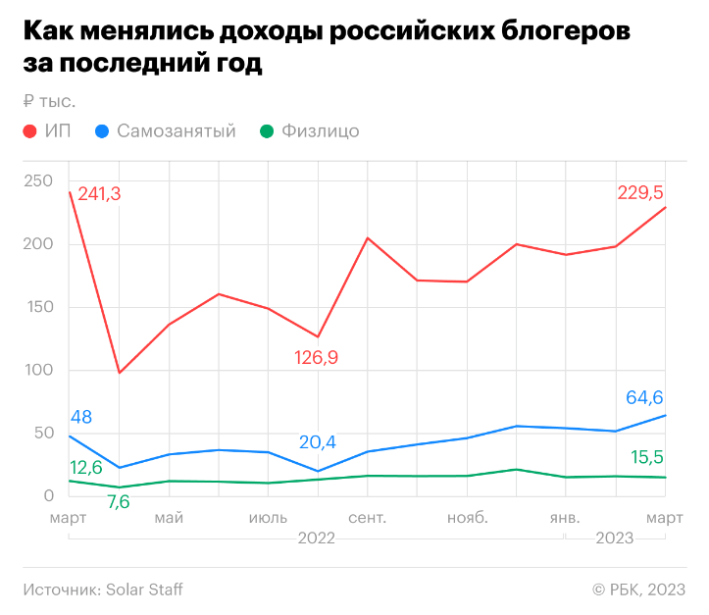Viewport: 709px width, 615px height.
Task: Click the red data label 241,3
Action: point(99,194)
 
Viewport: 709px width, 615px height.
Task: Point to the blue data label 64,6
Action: point(645,398)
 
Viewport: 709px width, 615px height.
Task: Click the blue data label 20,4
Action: point(317,442)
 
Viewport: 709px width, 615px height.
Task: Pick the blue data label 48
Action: point(81,417)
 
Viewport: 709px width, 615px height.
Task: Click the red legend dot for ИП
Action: point(30,130)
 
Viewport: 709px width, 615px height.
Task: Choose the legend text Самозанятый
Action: point(176,130)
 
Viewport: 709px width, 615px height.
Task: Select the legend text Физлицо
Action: point(320,130)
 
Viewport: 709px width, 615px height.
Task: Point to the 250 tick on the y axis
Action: point(39,181)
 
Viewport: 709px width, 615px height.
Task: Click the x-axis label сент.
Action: point(367,517)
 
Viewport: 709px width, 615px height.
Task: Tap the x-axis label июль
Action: point(267,517)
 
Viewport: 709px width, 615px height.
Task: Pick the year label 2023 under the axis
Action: point(614,538)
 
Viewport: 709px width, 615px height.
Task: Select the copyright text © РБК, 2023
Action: point(638,589)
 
